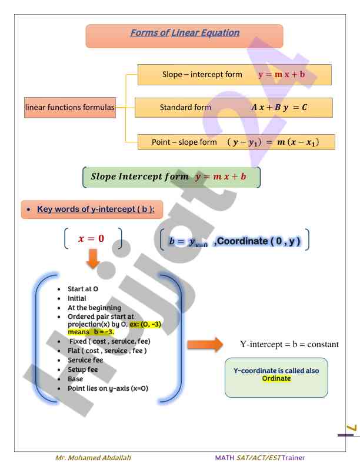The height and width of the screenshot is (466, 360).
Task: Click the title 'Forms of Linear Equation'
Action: (x=185, y=33)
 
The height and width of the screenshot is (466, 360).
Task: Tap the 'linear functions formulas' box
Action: (x=70, y=108)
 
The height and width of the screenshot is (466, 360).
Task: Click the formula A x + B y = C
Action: (x=288, y=108)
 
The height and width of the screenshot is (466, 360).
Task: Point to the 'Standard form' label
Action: (x=185, y=108)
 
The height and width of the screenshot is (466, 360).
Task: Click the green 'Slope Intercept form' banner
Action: (x=168, y=177)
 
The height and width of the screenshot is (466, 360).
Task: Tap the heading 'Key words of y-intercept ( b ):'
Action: (x=96, y=209)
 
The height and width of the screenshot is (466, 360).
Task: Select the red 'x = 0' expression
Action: (x=91, y=238)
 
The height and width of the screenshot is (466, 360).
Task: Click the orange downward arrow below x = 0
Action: (x=92, y=259)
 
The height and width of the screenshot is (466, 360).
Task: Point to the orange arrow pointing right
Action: (x=205, y=344)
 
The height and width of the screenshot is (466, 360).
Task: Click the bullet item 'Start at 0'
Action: (x=83, y=289)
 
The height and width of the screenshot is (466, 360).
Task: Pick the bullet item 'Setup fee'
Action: (x=83, y=370)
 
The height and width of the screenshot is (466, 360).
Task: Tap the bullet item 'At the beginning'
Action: (x=95, y=308)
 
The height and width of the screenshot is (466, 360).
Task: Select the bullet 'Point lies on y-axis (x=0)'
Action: (x=108, y=388)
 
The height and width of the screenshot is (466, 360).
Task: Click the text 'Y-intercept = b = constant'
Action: (x=289, y=344)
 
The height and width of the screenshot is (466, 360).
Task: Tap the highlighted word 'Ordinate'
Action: (x=276, y=378)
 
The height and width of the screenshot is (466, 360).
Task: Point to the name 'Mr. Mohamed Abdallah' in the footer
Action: (x=94, y=457)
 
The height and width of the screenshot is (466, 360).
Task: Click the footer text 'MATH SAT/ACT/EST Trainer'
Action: (x=260, y=457)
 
